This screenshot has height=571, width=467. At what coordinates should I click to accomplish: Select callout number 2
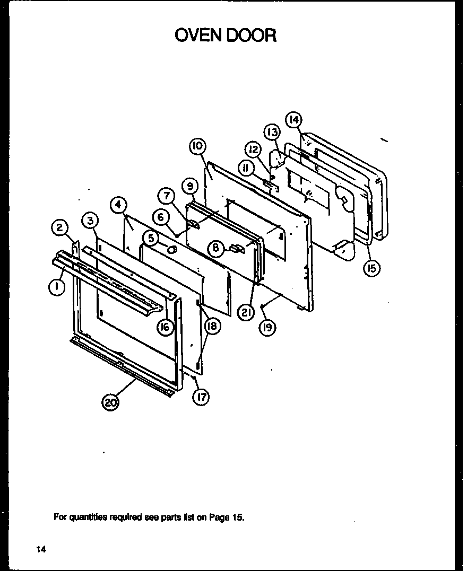tap(59, 229)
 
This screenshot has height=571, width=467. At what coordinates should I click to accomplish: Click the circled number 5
tap(151, 239)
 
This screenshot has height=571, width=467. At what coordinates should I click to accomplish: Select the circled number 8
tap(216, 247)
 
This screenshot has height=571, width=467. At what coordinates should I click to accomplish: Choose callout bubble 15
tap(371, 269)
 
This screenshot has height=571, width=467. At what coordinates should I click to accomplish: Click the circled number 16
tap(165, 327)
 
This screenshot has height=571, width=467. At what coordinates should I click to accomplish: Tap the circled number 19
tap(267, 328)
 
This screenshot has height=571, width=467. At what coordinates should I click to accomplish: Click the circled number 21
tap(245, 313)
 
